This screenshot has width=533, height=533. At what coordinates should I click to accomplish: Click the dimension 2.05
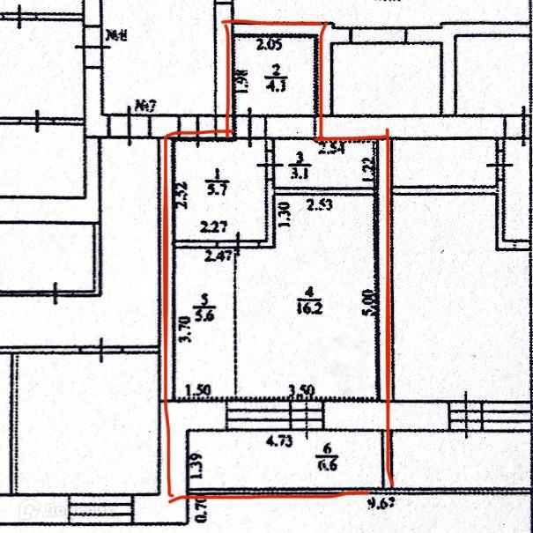tap(269, 43)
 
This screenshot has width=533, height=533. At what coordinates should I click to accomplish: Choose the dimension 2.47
tap(218, 257)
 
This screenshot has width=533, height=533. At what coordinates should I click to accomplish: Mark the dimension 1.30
tap(285, 214)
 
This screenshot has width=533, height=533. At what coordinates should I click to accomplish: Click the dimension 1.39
tap(196, 464)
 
